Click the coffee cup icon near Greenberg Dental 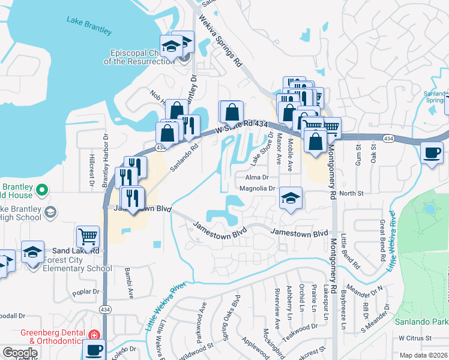pyautogui.click(x=94, y=349)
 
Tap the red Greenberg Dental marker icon pyautogui.click(x=93, y=334)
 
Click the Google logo pyautogui.click(x=20, y=353)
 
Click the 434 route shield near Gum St pyautogui.click(x=389, y=139)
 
